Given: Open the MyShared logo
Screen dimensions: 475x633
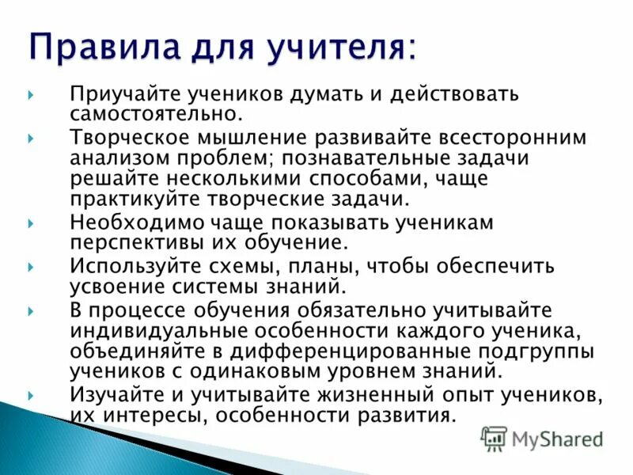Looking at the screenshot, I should pyautogui.click(x=543, y=439).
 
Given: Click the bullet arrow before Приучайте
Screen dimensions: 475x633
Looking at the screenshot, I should pyautogui.click(x=30, y=95).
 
